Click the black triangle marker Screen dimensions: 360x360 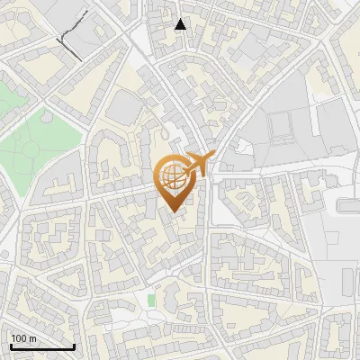tap(181, 25)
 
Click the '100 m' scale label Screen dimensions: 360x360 tap(24, 338)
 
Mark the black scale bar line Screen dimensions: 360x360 tap(41, 346)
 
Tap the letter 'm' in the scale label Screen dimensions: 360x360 tap(32, 338)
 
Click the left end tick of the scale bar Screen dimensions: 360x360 tap(10, 345)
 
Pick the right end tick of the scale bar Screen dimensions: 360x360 tap(74, 345)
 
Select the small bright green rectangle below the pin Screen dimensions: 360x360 tap(151, 299)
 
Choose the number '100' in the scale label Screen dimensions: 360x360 tap(19, 338)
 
